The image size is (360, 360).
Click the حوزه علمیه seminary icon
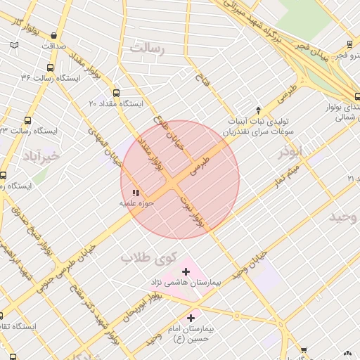[x=135, y=192]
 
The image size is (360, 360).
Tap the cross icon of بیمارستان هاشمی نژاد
[x=186, y=271]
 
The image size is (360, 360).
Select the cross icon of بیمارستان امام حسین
[x=191, y=318]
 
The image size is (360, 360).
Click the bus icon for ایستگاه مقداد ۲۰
[x=116, y=92]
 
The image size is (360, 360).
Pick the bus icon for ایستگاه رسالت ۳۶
[x=49, y=67]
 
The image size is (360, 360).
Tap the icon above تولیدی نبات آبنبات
[x=258, y=110]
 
